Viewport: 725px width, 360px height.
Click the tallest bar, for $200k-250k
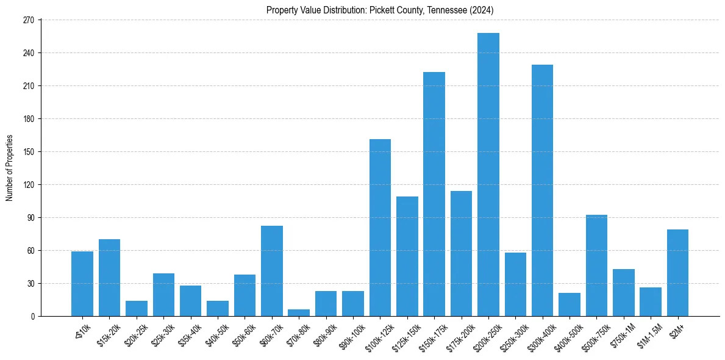(488, 175)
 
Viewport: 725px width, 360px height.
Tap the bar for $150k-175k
(434, 194)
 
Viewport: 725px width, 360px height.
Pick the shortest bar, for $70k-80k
(299, 313)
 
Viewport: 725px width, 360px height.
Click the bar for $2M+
(677, 273)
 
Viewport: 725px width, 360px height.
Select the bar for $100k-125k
(380, 228)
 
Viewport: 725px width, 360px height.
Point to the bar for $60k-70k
(272, 271)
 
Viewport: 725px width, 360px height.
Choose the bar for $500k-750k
(596, 265)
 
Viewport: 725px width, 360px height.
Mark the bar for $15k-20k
(110, 278)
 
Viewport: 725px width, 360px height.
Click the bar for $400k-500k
(570, 304)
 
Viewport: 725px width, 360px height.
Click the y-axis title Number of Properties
(9, 168)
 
